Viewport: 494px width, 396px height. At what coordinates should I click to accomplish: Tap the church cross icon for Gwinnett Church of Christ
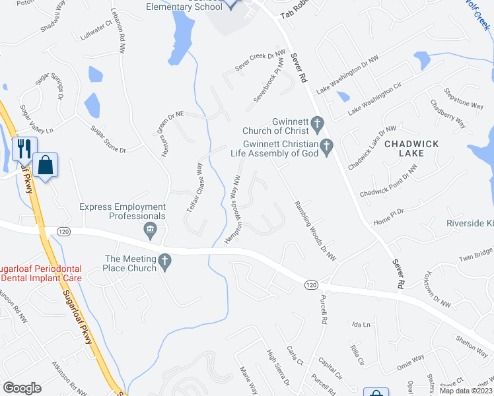[317, 123]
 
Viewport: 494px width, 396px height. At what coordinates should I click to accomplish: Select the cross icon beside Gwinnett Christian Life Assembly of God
[326, 147]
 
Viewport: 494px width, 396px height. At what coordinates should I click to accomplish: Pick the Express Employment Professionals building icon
[150, 230]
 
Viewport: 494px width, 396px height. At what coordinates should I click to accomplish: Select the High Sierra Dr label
[277, 368]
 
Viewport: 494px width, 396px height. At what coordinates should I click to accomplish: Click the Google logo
[22, 388]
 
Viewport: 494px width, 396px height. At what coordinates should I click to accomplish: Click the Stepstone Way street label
[464, 99]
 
